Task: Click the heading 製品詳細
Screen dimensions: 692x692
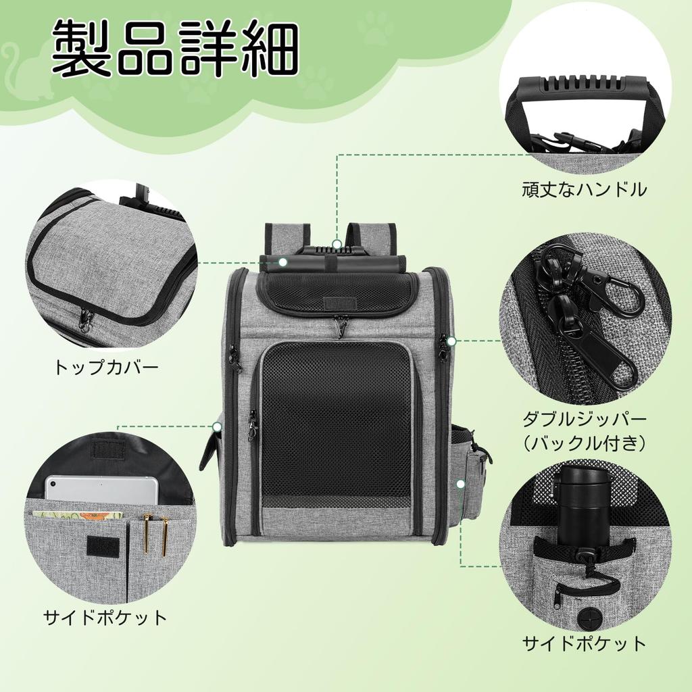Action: pos(174,51)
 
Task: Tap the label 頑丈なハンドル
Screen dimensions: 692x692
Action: pos(584,189)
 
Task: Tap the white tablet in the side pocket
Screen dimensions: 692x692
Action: pos(101,490)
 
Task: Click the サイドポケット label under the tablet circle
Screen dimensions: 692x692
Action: pos(105,617)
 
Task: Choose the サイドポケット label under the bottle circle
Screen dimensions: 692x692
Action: pos(584,643)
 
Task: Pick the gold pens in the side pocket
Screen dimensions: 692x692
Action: pos(155,534)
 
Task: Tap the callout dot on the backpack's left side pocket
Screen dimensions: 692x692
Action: pos(217,426)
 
